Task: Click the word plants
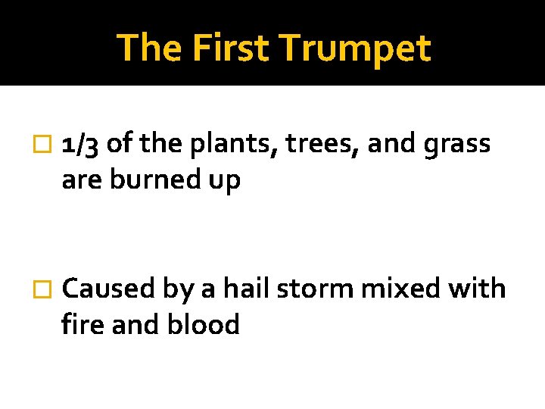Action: coord(235,144)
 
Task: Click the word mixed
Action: coord(385,289)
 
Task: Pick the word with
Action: coord(473,289)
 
